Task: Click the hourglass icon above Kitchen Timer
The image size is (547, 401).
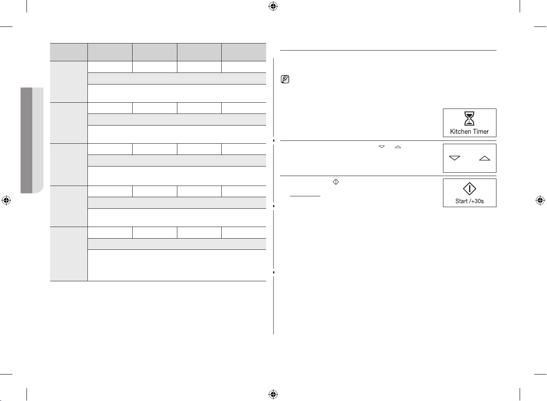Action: click(x=469, y=118)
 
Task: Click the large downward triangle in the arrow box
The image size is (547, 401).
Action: click(x=455, y=158)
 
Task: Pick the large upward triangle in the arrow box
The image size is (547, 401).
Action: click(x=484, y=158)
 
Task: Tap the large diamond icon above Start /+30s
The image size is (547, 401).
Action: click(x=469, y=189)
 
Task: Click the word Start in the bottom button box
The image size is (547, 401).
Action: click(x=462, y=201)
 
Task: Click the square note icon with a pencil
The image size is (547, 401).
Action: click(x=285, y=79)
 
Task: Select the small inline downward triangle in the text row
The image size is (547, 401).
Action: click(x=382, y=147)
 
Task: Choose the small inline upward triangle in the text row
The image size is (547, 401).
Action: click(x=398, y=147)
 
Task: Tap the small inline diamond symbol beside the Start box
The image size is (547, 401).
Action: click(x=336, y=182)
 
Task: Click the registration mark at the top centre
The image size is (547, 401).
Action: click(x=273, y=6)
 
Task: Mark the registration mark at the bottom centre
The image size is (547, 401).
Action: click(x=273, y=394)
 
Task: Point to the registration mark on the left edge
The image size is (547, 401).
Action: click(x=6, y=200)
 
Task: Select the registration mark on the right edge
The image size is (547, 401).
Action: click(x=540, y=200)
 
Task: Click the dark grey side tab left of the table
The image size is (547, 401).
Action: click(x=27, y=140)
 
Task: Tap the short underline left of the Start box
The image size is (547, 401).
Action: click(x=305, y=196)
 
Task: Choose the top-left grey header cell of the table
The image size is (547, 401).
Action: click(x=69, y=52)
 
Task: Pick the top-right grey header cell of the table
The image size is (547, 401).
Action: click(x=244, y=52)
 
